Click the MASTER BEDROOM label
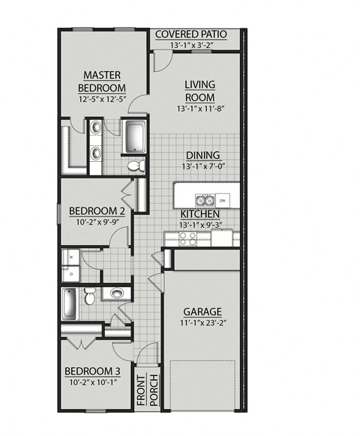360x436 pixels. tap(103, 81)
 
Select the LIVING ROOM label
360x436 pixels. tap(200, 91)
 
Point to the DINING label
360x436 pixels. tap(199, 155)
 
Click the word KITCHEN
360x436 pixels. tap(199, 214)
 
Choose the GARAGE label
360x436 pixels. tap(202, 311)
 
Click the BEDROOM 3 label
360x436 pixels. tap(91, 371)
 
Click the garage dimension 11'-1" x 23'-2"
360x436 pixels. tap(202, 324)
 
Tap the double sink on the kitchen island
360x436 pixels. tap(203, 200)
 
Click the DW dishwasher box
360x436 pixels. tap(222, 200)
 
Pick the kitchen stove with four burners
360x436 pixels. tap(187, 238)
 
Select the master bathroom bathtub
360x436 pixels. tap(135, 137)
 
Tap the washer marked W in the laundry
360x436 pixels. tap(70, 258)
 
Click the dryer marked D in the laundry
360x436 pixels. tap(70, 274)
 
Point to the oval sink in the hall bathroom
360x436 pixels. tap(116, 293)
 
